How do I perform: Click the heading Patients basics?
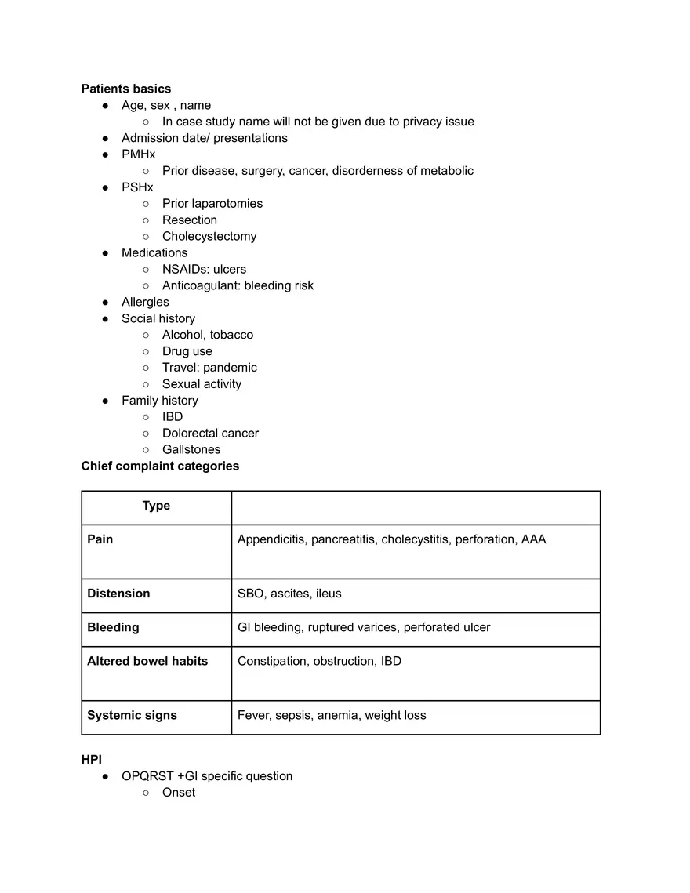click(125, 89)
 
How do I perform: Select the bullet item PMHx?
click(138, 154)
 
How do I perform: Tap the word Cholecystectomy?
click(209, 236)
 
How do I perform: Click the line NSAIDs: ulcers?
click(204, 269)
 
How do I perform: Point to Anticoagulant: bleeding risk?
click(238, 285)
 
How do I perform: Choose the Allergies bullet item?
click(145, 302)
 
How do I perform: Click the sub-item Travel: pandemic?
click(209, 367)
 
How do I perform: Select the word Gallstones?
click(191, 449)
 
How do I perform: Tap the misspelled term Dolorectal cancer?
click(210, 433)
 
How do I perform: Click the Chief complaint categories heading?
click(160, 466)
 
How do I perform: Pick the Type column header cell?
click(156, 506)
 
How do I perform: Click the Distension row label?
click(118, 594)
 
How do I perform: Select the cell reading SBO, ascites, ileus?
click(289, 594)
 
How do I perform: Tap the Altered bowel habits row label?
click(147, 661)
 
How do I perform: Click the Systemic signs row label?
click(132, 715)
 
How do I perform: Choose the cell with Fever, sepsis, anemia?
click(332, 715)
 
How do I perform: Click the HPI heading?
click(92, 760)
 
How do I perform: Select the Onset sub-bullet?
click(179, 792)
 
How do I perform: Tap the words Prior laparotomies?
click(212, 203)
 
